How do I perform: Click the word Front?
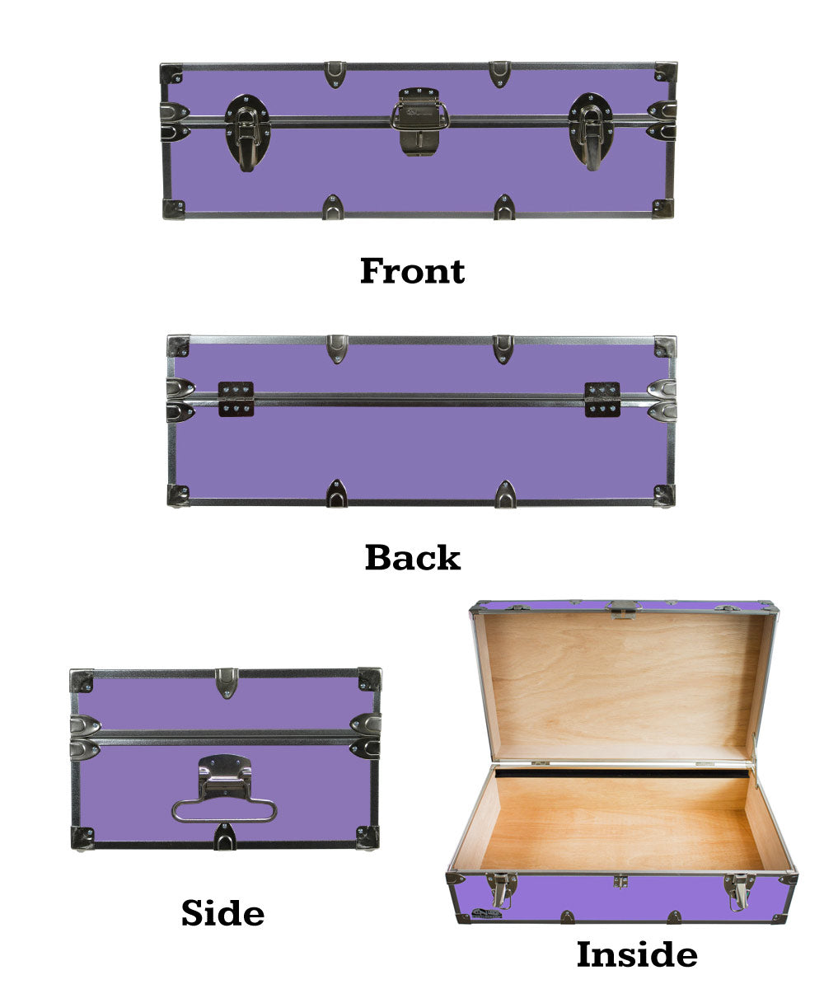pyautogui.click(x=412, y=271)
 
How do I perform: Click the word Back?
pyautogui.click(x=413, y=557)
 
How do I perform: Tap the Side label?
pyautogui.click(x=222, y=912)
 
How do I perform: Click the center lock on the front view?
pyautogui.click(x=419, y=121)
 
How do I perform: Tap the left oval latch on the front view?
pyautogui.click(x=247, y=133)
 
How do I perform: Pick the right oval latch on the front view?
pyautogui.click(x=591, y=132)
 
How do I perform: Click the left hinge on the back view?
pyautogui.click(x=236, y=399)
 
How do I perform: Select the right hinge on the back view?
pyautogui.click(x=602, y=399)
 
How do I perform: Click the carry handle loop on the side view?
pyautogui.click(x=224, y=810)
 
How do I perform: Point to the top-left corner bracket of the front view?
pyautogui.click(x=171, y=74)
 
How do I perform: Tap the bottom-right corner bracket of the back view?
pyautogui.click(x=664, y=495)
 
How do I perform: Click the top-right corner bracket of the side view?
pyautogui.click(x=369, y=679)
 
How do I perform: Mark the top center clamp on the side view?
pyautogui.click(x=227, y=682)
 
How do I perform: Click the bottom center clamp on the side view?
pyautogui.click(x=224, y=837)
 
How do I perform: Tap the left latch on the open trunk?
pyautogui.click(x=503, y=891)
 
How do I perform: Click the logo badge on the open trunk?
pyautogui.click(x=487, y=913)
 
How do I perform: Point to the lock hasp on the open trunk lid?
pyautogui.click(x=623, y=609)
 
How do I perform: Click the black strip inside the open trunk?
pyautogui.click(x=622, y=773)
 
